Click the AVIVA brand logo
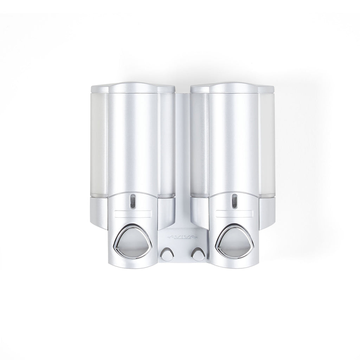(x=182, y=237)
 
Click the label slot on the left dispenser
(x=133, y=213)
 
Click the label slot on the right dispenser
(x=234, y=213)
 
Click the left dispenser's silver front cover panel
(x=133, y=142)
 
